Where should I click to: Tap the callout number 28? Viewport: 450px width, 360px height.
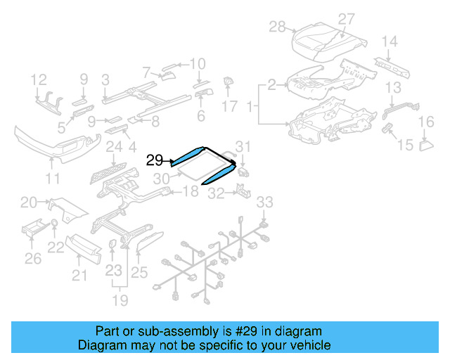[x=277, y=27]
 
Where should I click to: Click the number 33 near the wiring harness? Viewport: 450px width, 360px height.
[x=264, y=202]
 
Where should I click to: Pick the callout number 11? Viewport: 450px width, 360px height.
[x=52, y=179]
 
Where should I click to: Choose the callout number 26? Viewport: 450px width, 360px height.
[x=32, y=259]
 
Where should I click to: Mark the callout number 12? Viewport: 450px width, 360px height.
[x=39, y=79]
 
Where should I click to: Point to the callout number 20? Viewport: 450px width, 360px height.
[x=28, y=202]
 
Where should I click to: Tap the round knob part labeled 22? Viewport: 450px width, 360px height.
[x=54, y=224]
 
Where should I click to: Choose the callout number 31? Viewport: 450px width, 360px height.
[x=243, y=146]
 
